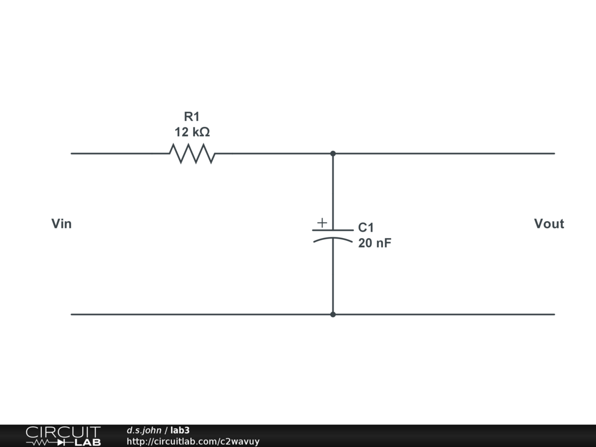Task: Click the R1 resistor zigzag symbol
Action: (192, 154)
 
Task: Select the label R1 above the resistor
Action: (192, 116)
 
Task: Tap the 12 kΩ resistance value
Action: (192, 132)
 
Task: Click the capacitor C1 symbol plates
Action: (333, 234)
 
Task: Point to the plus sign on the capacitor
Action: (322, 222)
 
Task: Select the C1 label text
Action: (366, 228)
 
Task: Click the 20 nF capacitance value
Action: (375, 243)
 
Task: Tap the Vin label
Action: (62, 224)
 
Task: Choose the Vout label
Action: (549, 224)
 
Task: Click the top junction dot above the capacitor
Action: (333, 154)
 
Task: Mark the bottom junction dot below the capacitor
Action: (333, 314)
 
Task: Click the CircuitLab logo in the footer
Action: (63, 435)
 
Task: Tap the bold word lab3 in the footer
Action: (180, 430)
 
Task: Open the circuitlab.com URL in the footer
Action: (193, 441)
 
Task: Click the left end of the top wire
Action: (72, 154)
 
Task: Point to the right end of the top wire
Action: (554, 154)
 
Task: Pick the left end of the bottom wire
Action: (72, 314)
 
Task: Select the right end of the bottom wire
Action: (554, 314)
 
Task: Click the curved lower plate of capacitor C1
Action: (333, 239)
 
